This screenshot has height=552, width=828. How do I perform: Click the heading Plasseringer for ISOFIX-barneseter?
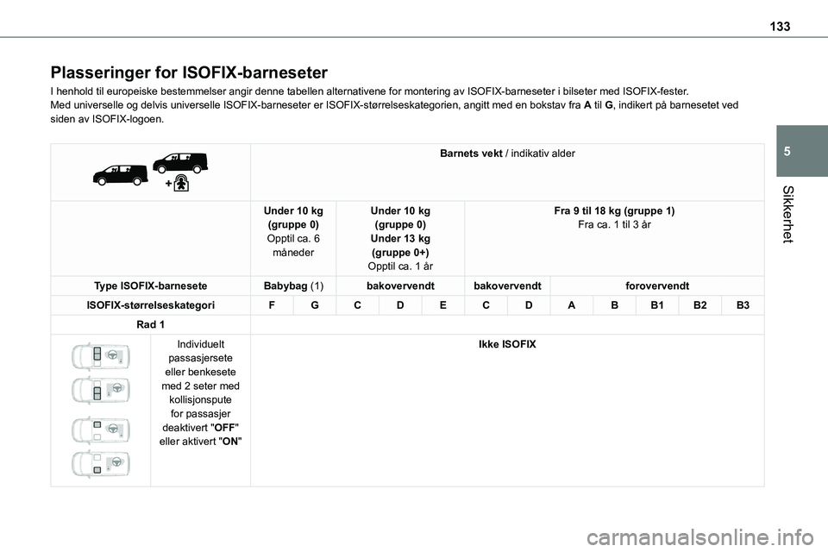click(x=189, y=72)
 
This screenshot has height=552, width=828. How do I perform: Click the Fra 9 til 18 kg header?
click(x=614, y=211)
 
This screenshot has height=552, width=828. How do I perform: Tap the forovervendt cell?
click(x=655, y=285)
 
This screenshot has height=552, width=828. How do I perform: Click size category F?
click(x=272, y=304)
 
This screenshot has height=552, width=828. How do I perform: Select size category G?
click(x=314, y=304)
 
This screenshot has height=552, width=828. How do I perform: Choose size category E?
click(x=443, y=304)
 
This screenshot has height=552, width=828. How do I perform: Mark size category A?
click(x=571, y=304)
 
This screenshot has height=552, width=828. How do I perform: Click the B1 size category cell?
click(x=657, y=304)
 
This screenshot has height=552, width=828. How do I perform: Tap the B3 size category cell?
click(x=743, y=304)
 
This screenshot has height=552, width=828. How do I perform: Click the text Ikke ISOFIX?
click(x=507, y=345)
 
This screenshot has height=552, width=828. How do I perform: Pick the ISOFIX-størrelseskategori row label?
click(x=151, y=304)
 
